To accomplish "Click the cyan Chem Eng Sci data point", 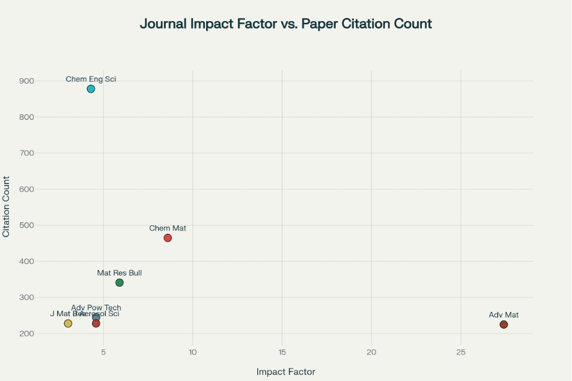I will click(91, 89).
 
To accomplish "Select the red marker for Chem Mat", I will click(168, 238).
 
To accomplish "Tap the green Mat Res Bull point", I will click(120, 282).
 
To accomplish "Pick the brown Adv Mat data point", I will click(504, 325).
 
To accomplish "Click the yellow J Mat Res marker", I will click(68, 323).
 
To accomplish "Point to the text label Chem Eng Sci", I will click(91, 79).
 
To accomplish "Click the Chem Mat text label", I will click(168, 228).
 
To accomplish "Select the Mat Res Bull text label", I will click(120, 273).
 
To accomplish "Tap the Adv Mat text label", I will click(504, 315).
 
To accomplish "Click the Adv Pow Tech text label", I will click(96, 308).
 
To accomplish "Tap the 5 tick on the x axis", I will click(103, 352).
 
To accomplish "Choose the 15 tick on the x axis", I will click(282, 352).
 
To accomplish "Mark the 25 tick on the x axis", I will click(461, 352).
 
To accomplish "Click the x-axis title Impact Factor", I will click(285, 372).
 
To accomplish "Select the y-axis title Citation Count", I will click(7, 206).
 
